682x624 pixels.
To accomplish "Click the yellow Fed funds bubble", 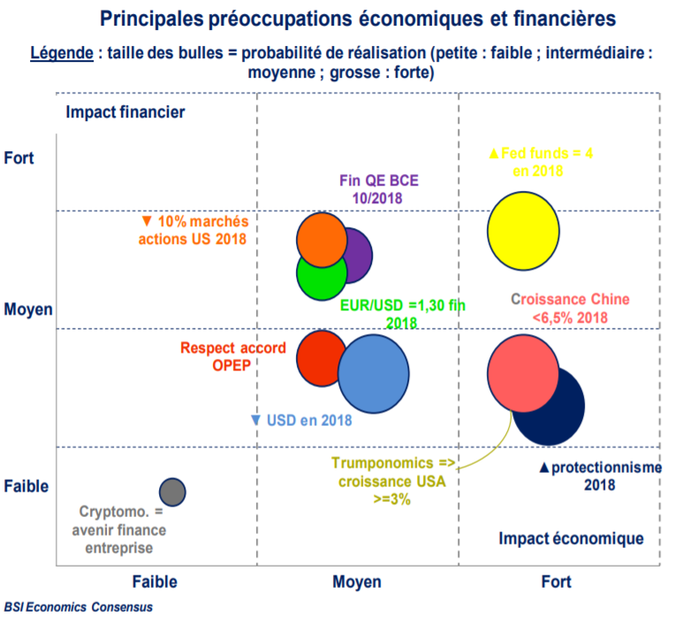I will click(x=524, y=231).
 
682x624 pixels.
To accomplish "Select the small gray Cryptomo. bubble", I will click(x=172, y=491).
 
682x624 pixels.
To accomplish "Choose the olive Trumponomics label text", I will click(x=391, y=481).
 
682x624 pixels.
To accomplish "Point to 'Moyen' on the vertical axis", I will click(x=28, y=309).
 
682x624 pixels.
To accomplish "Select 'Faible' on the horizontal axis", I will click(x=155, y=582).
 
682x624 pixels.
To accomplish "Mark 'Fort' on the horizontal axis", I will click(x=556, y=582).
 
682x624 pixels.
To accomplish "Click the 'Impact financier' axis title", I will click(x=125, y=112).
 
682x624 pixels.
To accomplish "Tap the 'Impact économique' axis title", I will click(x=571, y=538).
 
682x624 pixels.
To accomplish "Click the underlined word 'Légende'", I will click(x=62, y=52).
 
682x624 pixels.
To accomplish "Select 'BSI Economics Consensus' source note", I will click(x=78, y=607).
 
